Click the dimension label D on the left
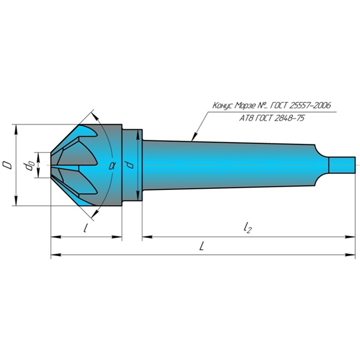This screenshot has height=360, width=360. [x=7, y=165]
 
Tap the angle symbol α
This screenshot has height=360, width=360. [x=112, y=165]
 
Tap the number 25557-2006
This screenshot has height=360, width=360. [x=310, y=105]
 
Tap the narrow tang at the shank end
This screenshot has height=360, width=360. [x=342, y=165]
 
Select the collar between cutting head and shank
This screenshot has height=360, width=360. [x=132, y=165]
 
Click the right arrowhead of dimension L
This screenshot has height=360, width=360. [x=350, y=255]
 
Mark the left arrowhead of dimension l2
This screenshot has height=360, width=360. [x=147, y=237]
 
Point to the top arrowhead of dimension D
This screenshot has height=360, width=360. [x=16, y=130]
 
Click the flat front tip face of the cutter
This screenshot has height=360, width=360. [x=51, y=165]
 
